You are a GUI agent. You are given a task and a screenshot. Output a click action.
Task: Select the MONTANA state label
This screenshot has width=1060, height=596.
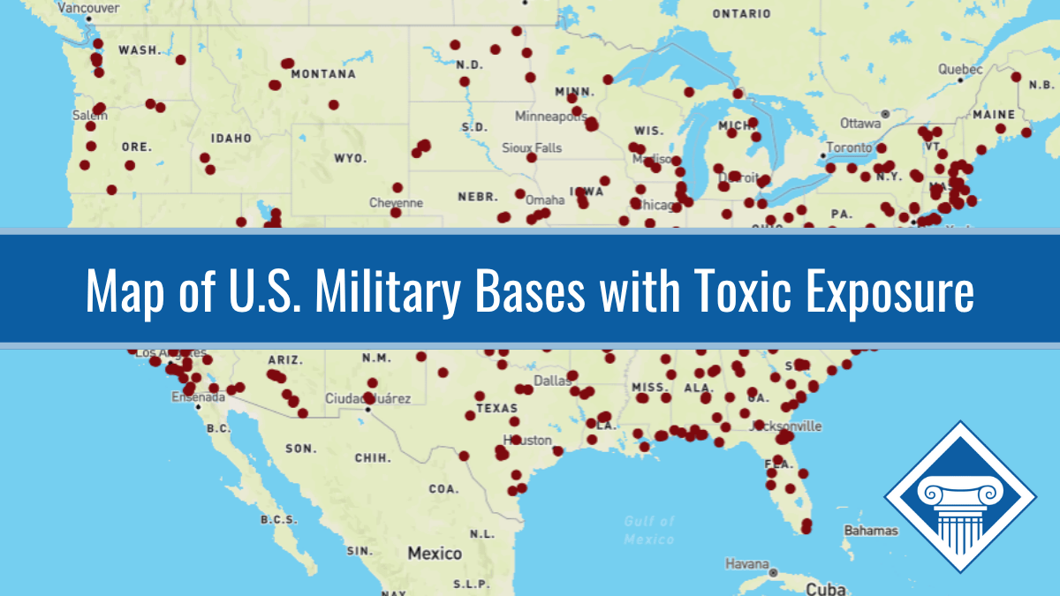(x=323, y=74)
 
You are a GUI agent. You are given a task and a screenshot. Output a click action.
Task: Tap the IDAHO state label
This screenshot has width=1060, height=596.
(x=231, y=139)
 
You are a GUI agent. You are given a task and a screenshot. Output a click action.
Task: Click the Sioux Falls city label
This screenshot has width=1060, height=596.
(x=532, y=147)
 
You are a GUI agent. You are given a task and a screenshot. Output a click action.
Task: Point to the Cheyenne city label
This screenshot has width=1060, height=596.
(x=396, y=202)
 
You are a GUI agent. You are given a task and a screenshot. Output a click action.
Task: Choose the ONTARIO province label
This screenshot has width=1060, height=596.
(x=741, y=14)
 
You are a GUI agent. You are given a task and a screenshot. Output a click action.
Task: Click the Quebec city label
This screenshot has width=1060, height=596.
(x=960, y=69)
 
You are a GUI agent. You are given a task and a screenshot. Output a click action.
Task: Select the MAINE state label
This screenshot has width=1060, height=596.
(x=994, y=115)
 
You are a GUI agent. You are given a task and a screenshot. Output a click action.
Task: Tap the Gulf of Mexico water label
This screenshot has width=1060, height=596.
(x=649, y=530)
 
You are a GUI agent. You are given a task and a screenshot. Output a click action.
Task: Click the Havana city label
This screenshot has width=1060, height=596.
(x=746, y=562)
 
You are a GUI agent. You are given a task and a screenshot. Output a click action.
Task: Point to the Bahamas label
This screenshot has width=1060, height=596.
(x=871, y=531)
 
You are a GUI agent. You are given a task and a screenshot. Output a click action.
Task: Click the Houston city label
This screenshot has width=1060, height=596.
(x=527, y=440)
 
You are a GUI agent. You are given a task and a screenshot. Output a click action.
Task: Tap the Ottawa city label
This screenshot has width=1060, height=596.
(x=859, y=123)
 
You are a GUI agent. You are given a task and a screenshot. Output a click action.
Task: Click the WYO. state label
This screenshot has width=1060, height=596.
(x=350, y=158)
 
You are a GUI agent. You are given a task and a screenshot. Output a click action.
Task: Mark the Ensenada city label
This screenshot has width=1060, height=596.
(x=198, y=397)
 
